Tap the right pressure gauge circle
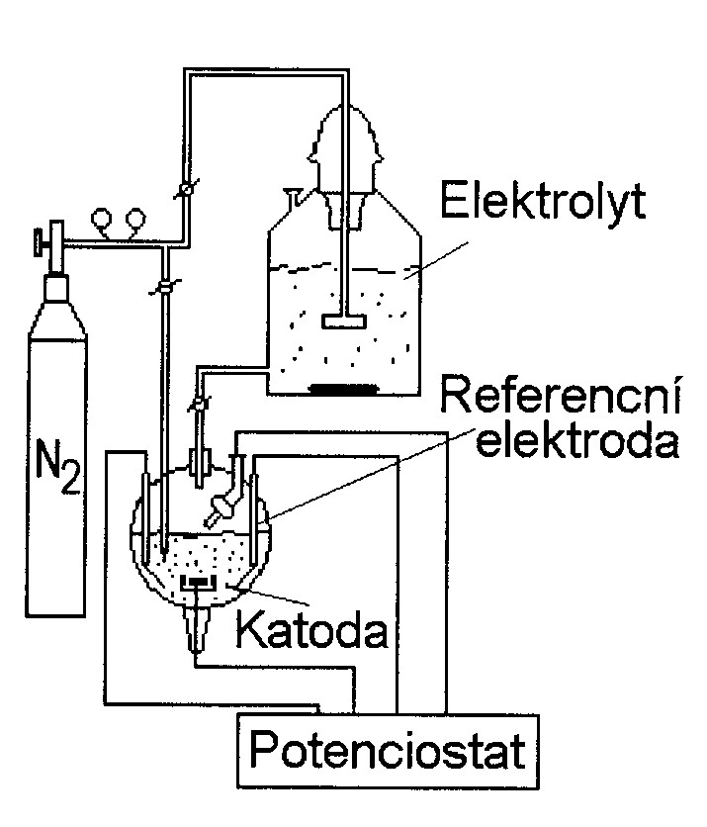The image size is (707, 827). pos(133,216)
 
